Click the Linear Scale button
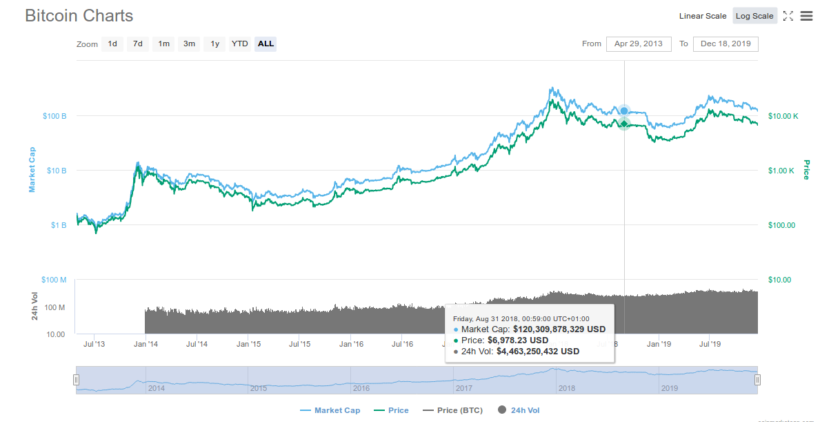click(702, 16)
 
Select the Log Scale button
click(754, 16)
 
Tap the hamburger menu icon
click(806, 16)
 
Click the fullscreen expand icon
click(788, 16)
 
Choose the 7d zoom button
click(138, 44)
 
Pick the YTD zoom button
click(239, 44)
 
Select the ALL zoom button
click(266, 44)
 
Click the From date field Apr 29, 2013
click(639, 44)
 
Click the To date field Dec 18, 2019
click(726, 44)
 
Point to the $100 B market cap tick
click(54, 116)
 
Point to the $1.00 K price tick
click(782, 171)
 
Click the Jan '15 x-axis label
click(248, 343)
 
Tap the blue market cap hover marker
click(624, 111)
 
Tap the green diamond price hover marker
click(624, 124)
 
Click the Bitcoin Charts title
click(79, 15)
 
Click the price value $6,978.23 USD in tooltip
click(517, 340)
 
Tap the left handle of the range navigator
click(77, 379)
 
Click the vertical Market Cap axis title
click(32, 170)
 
